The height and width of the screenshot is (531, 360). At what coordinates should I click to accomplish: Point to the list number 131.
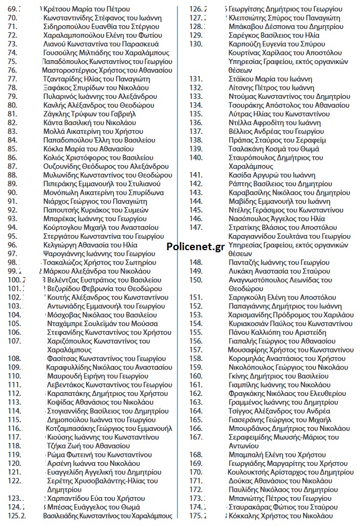[195, 79]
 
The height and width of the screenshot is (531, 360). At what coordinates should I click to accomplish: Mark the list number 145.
[195, 210]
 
